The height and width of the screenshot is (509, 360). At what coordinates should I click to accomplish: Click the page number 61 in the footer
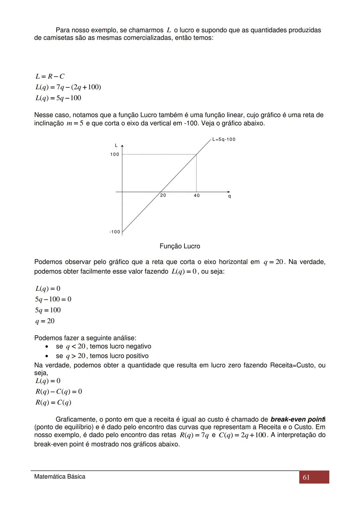point(306,477)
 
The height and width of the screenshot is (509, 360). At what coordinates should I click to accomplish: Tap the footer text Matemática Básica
point(60,477)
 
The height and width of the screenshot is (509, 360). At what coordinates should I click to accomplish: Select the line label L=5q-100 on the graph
point(224,139)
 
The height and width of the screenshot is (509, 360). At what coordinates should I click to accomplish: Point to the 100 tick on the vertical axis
point(115,154)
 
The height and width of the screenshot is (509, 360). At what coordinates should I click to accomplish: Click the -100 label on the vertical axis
point(115,232)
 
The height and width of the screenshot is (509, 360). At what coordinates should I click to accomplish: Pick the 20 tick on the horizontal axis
point(163,195)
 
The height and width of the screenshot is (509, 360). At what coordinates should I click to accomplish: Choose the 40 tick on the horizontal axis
point(197,195)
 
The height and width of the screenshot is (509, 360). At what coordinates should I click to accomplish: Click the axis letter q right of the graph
point(229,196)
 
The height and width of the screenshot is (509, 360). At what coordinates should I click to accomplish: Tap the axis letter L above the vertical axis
point(116,145)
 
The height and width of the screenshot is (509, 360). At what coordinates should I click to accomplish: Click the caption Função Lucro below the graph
point(180,246)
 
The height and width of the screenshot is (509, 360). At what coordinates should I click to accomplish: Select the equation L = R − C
point(50,76)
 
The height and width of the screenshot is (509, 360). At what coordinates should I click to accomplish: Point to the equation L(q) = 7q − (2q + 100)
point(68,87)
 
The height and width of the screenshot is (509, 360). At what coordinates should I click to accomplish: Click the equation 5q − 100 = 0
point(53,299)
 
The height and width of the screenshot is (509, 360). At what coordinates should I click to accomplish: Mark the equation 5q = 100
point(48,310)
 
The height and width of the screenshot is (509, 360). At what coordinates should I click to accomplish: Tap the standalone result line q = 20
point(45,321)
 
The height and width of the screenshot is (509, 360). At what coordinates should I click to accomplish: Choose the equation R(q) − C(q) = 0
point(59,392)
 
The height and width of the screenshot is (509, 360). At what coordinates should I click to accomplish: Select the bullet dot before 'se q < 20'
point(48,347)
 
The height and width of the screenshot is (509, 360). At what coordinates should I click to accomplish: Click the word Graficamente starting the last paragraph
point(75,419)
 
